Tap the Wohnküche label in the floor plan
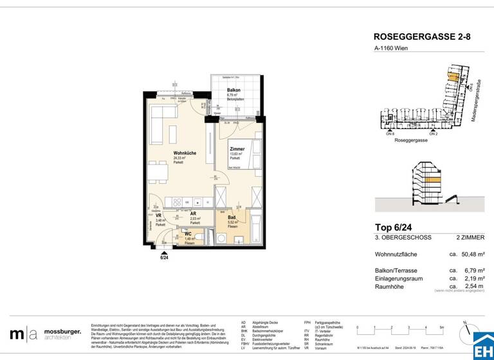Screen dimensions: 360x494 [x=185, y=153]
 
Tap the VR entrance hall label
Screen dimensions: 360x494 [x=158, y=216]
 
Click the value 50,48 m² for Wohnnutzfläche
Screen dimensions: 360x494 [x=468, y=254]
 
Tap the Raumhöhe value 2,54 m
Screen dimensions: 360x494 [x=469, y=286]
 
